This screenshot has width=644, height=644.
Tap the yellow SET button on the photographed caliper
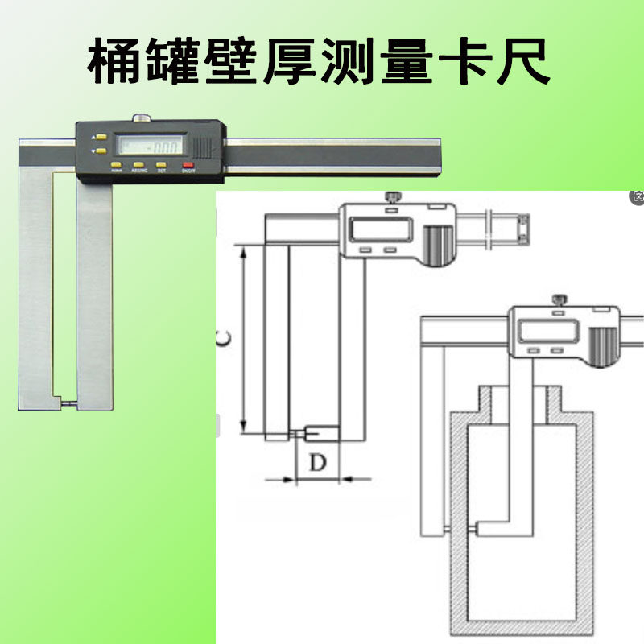coord(162,164)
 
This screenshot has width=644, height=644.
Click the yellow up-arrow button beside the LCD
coord(101,138)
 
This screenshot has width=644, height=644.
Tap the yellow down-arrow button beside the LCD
coord(101,150)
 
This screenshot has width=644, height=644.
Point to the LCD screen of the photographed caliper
coord(149,147)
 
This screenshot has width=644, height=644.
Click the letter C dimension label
coord(223,341)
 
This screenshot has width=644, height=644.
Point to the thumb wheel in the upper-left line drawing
coord(439,242)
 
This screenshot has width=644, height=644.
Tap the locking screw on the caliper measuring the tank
coord(558,301)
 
